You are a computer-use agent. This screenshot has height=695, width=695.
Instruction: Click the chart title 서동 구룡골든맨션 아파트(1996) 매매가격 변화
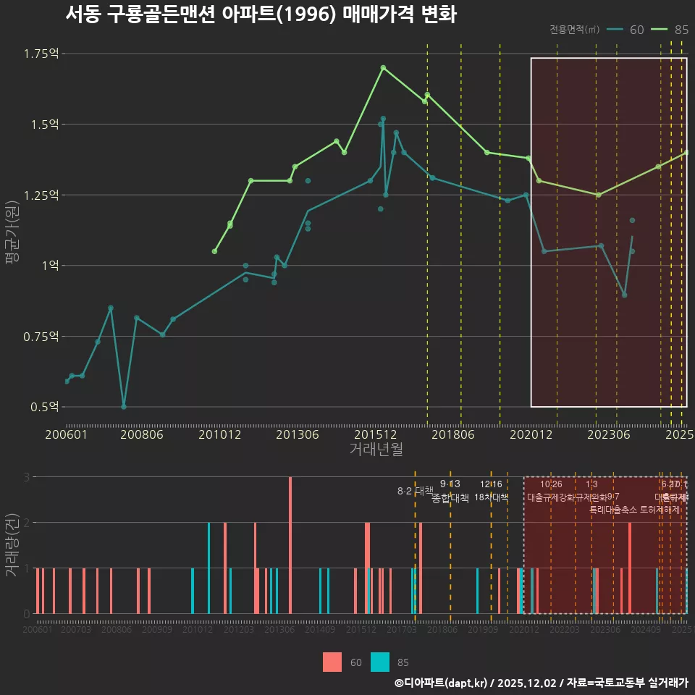(261, 14)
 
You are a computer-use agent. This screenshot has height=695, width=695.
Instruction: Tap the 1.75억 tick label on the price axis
(41, 54)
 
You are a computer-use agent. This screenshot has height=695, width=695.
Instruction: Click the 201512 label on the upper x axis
(379, 435)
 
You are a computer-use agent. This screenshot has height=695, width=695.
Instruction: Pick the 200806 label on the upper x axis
(141, 435)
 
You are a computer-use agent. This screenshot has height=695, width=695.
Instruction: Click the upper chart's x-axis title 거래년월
(376, 450)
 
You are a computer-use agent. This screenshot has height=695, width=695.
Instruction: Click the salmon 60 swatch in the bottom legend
(332, 662)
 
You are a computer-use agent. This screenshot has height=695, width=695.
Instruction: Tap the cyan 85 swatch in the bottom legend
(380, 662)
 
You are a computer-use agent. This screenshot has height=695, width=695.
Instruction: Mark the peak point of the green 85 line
(383, 67)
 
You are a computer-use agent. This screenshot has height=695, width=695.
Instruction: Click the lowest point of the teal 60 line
(124, 407)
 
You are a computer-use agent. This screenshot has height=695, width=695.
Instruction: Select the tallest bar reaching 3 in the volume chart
(290, 544)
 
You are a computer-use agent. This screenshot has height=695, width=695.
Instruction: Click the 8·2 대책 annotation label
(415, 491)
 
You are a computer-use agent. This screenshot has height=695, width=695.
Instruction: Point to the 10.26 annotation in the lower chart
(551, 484)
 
